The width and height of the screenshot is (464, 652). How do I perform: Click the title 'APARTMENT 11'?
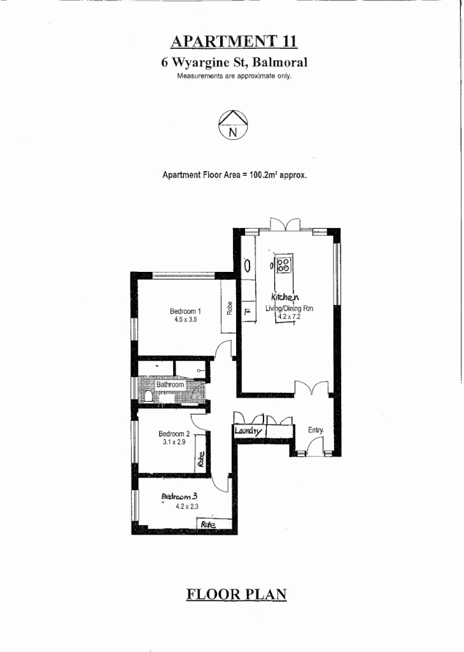point(234,42)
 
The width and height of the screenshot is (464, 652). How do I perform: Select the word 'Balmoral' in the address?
point(281,63)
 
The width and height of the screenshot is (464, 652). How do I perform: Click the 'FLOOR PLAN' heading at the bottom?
point(236,595)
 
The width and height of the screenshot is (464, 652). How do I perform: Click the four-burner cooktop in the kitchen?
point(285,263)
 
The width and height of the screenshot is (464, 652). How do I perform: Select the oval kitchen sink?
point(248,266)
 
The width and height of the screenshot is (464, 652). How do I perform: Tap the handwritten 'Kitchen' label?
point(285,297)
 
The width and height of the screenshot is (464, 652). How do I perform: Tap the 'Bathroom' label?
point(171,385)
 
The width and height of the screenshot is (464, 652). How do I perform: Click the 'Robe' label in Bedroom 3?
point(208,524)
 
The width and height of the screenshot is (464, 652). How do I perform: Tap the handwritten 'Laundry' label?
point(248,432)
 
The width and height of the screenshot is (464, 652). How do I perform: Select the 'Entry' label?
point(316,430)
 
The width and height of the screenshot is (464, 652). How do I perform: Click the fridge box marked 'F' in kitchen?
point(247,312)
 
